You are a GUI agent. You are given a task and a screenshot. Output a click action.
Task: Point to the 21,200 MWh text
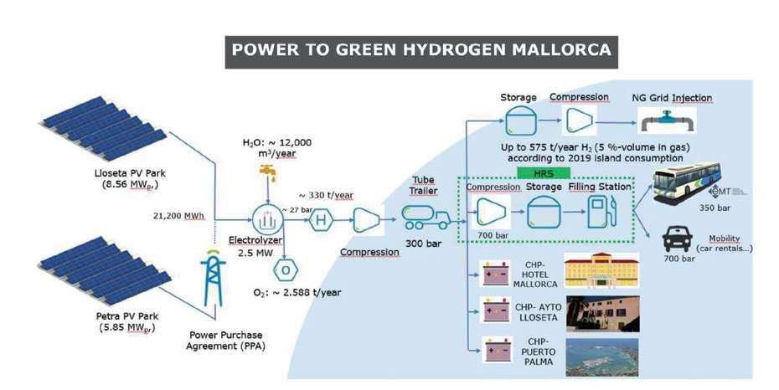175,215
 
